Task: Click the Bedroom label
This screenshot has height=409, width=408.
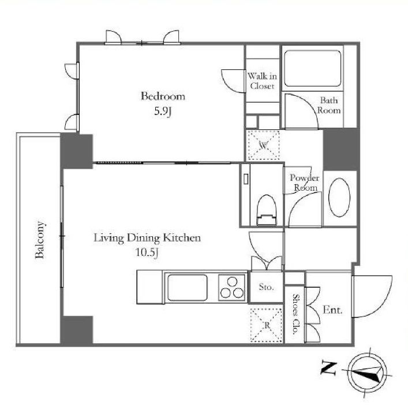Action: click(163, 96)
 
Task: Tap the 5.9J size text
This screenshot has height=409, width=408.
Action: click(163, 111)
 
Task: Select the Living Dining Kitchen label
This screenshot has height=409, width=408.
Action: click(147, 238)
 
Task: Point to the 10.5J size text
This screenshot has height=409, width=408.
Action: click(147, 252)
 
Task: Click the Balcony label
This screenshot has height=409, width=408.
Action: click(40, 240)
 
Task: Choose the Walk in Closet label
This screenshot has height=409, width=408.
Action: click(262, 81)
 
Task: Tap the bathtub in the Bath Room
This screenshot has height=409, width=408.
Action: click(312, 68)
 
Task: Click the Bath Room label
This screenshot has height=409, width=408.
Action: click(329, 105)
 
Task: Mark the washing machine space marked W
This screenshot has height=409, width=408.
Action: click(263, 145)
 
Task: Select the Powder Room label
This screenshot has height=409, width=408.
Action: click(305, 183)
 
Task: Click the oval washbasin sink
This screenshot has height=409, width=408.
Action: click(339, 198)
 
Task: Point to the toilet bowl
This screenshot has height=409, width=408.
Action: click(266, 210)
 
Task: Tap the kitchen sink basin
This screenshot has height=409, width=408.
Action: click(187, 287)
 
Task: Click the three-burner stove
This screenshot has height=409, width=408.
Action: click(232, 287)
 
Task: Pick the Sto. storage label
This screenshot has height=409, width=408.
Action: click(266, 287)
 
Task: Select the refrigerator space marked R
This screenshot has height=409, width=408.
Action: click(266, 325)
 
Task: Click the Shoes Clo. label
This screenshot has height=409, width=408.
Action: click(295, 314)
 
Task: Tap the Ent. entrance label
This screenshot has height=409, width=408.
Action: click(332, 310)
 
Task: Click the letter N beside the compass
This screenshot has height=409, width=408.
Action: click(329, 369)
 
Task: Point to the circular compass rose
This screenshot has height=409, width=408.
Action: click(368, 373)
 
